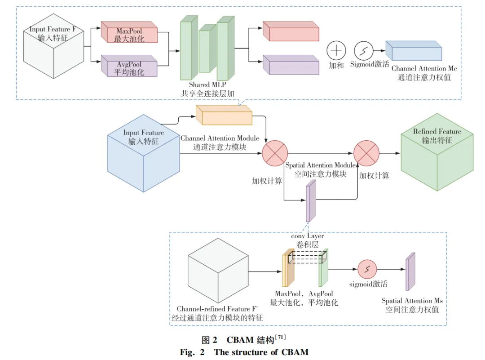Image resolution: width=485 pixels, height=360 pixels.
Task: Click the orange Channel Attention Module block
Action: coord(224,116)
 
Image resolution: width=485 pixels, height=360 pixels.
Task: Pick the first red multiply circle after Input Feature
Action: coord(274,153)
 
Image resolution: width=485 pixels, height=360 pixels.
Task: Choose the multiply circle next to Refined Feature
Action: coord(366,153)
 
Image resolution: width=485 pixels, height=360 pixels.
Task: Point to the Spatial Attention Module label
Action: coord(320,165)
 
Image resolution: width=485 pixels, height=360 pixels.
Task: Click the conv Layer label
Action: coord(307,236)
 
